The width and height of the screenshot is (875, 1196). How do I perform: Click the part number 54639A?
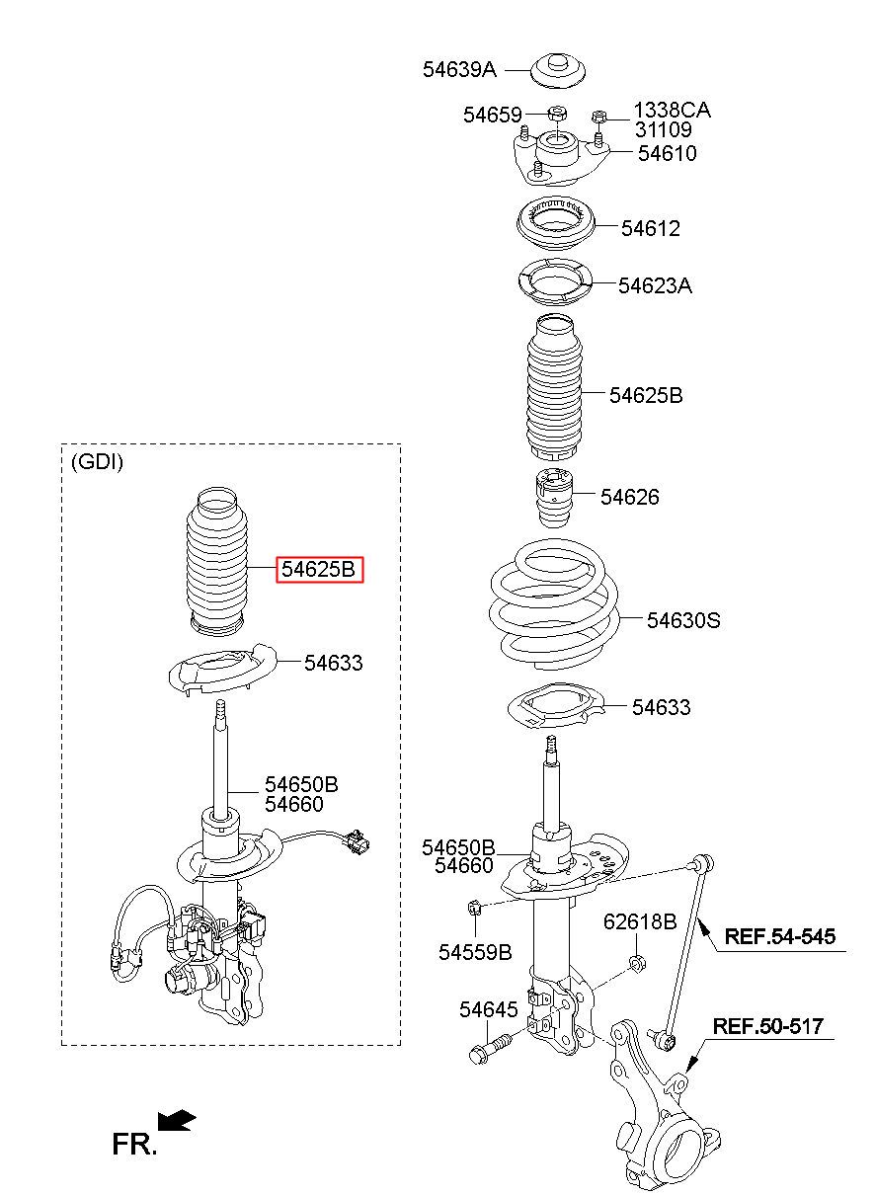(459, 69)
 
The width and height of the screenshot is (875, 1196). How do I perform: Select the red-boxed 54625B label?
(319, 570)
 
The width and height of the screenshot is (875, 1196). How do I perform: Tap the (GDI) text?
(97, 462)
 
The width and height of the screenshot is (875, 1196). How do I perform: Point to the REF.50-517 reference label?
(768, 1026)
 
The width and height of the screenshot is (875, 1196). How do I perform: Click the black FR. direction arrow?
(178, 1121)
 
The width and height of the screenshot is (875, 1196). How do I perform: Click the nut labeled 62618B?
(637, 963)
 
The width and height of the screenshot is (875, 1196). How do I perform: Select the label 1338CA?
(672, 110)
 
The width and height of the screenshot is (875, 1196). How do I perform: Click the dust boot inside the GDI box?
(216, 559)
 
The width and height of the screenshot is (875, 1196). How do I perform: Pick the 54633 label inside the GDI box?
(333, 663)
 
